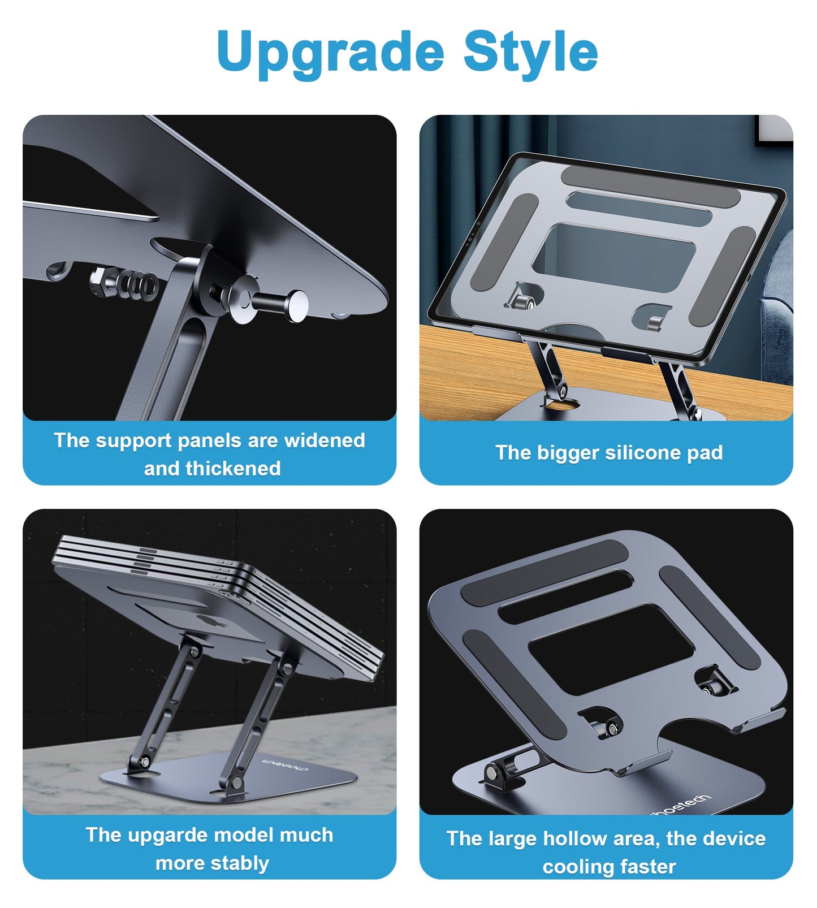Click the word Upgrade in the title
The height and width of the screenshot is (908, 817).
tap(330, 52)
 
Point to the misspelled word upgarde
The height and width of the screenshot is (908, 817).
tap(169, 835)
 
